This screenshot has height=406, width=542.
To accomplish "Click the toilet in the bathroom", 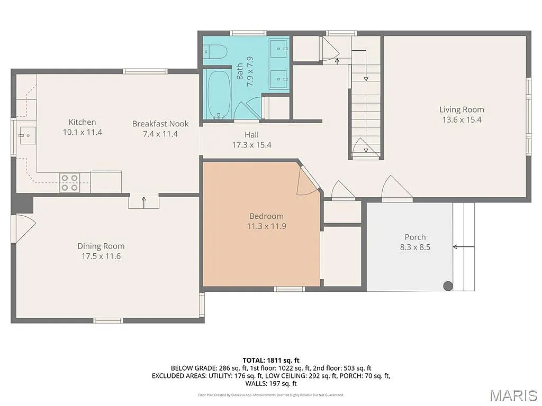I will click(x=216, y=51).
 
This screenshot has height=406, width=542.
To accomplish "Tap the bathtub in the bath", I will click(x=218, y=95).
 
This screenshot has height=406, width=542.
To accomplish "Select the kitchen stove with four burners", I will click(x=69, y=182).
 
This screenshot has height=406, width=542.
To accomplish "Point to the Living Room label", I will click(x=462, y=109).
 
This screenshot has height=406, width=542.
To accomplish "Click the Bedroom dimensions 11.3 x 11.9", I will click(x=266, y=226).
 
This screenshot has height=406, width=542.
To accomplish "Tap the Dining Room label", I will click(x=101, y=246).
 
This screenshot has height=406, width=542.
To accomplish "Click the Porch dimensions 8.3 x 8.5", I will click(x=415, y=247).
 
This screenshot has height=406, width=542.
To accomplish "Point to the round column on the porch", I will click(x=448, y=286).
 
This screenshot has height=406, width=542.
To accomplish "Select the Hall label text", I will click(x=251, y=135).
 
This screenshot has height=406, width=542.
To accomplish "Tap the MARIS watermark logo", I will click(x=513, y=395).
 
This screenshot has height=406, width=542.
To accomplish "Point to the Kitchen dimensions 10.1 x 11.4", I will click(x=82, y=132).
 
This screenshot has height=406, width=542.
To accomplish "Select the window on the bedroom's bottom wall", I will click(x=289, y=289).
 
